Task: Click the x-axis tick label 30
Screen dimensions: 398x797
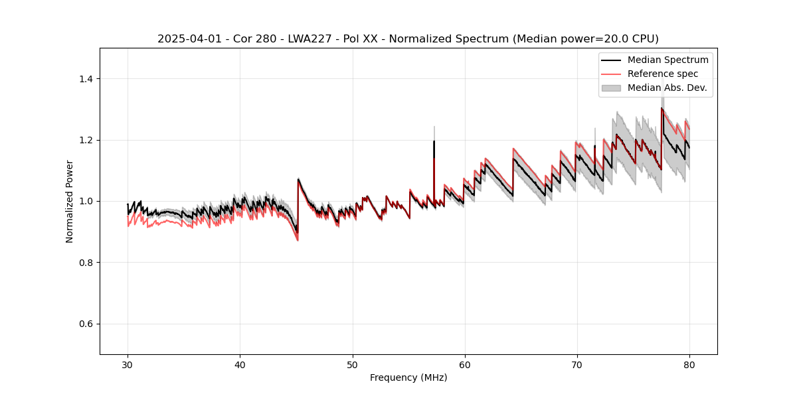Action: [x=128, y=364]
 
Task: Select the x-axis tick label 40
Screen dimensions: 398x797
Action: [x=240, y=364]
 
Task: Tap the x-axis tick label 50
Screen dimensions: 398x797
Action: [x=353, y=364]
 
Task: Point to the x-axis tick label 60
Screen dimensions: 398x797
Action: [x=465, y=364]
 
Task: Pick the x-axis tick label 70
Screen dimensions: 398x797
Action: [x=577, y=364]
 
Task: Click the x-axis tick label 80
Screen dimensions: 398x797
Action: [x=689, y=364]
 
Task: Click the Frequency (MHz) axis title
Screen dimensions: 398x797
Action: [x=408, y=377]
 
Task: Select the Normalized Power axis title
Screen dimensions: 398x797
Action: [x=70, y=201]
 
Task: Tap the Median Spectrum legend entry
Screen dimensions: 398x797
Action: [x=667, y=60]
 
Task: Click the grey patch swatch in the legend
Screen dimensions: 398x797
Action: [x=611, y=88]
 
